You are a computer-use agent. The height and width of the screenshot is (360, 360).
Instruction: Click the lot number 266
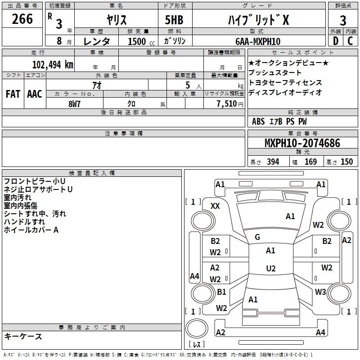pos(22,19)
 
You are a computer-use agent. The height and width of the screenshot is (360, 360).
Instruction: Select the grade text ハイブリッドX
pos(258,20)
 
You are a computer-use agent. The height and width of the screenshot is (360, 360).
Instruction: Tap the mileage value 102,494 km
pos(53,65)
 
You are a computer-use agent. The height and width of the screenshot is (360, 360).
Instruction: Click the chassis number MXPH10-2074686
pos(302,143)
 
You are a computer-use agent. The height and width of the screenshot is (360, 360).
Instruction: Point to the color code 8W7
pos(74,104)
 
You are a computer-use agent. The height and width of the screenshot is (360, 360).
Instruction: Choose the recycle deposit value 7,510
pos(227,104)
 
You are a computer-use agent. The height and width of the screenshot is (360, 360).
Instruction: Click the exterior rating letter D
pos(336,41)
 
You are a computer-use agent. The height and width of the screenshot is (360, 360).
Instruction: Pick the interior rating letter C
pos(350,41)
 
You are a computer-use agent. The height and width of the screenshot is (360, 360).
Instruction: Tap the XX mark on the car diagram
pos(215,206)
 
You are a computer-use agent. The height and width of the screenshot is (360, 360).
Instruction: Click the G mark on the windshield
pos(257,237)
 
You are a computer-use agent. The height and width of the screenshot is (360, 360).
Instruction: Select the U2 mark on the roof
pos(271,268)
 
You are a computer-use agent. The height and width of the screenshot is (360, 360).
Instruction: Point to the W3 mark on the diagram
pos(320,292)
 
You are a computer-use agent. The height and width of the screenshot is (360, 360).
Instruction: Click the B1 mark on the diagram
pos(221,292)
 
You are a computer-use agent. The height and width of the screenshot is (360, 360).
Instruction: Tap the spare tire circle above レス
pos(197,328)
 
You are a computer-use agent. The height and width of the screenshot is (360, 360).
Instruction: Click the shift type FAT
pos(13,94)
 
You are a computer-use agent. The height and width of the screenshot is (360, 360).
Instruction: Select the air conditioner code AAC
pos(35,94)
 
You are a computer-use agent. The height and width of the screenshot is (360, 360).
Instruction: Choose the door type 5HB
pos(174,20)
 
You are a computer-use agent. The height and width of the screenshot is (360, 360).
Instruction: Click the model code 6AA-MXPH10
pos(258,41)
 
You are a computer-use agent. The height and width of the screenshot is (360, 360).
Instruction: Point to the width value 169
pos(310,162)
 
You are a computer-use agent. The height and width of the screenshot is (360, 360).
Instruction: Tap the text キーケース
pos(23,336)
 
